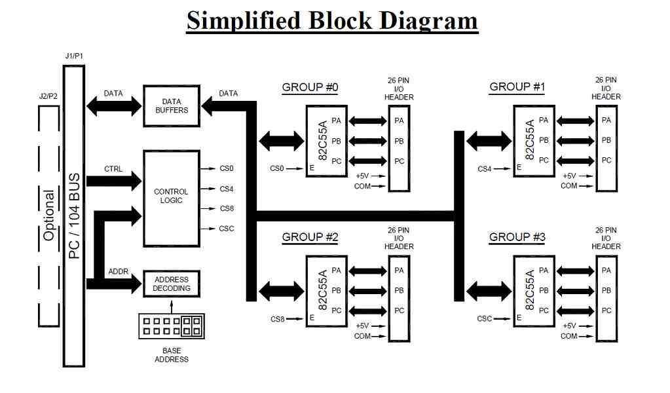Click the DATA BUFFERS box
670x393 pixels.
pos(172,106)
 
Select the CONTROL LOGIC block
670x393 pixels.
pos(172,198)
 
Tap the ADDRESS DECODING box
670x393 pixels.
pos(172,284)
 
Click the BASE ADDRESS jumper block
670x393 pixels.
pos(172,326)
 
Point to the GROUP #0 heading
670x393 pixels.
pos(310,87)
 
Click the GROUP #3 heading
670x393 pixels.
pos(517,237)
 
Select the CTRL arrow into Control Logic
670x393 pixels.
pos(114,181)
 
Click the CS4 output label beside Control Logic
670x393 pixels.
pos(227,189)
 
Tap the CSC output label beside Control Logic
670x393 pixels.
pos(227,229)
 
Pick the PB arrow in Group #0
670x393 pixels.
pos(367,141)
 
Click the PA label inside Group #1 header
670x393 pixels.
pos(606,120)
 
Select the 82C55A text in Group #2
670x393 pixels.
pos(323,290)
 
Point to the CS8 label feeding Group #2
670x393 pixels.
pos(277,319)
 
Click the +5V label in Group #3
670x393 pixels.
pos(570,326)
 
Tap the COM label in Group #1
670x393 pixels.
pos(568,186)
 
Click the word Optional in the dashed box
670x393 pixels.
pos(48,215)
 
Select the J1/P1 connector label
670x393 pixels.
pos(74,56)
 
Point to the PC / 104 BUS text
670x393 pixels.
pos(74,215)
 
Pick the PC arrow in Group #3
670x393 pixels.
pos(575,311)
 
